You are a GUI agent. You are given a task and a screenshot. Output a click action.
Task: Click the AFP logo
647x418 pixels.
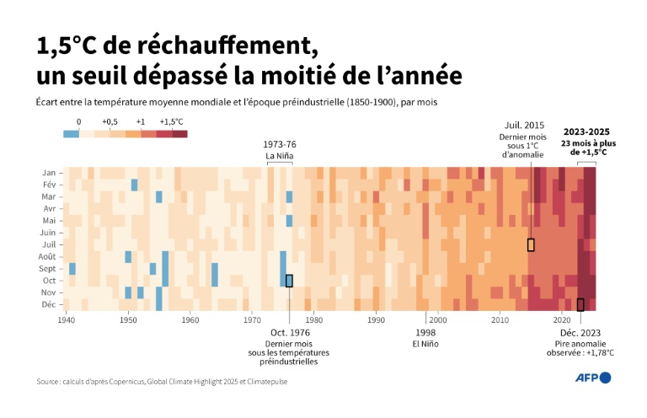coord(592,378)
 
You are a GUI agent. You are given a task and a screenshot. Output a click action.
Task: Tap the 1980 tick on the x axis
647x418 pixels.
coord(313,320)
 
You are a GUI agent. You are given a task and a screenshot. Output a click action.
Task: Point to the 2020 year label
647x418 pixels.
coord(562,320)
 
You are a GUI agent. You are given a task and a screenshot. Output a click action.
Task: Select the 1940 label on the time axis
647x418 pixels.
coord(67,320)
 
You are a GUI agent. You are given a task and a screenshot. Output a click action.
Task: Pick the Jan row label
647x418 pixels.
coord(49,173)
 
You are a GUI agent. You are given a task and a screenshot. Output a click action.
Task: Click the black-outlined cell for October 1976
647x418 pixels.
coord(289,281)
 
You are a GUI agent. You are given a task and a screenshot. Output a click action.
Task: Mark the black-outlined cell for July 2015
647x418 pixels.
coord(531,244)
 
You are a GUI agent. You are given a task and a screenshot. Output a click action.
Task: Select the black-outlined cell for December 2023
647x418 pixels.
coord(580,304)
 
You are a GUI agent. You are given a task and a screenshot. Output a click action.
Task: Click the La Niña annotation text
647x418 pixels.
coord(281,156)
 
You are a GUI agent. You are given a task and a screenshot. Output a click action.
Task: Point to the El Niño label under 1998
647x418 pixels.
coord(425,344)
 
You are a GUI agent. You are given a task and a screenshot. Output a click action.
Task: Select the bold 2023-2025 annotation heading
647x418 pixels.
coord(587,131)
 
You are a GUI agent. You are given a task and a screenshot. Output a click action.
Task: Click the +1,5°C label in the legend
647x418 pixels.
coord(171,121)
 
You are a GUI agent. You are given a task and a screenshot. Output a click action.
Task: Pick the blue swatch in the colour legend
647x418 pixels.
coord(72,133)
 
